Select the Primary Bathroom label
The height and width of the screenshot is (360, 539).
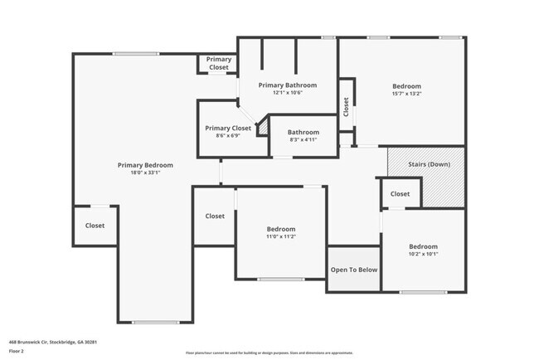[x=287, y=85]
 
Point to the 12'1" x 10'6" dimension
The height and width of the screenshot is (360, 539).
[x=287, y=93]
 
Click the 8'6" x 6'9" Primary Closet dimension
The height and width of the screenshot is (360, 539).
[x=228, y=136]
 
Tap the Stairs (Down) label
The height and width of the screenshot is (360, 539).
[x=429, y=164]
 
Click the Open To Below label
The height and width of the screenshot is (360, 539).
[x=354, y=270]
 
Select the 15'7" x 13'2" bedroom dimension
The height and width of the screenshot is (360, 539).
[x=406, y=94]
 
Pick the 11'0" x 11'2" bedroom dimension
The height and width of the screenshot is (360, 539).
[x=280, y=236]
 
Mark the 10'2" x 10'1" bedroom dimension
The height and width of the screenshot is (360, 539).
[x=422, y=254]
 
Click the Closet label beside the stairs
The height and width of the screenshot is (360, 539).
[x=400, y=194]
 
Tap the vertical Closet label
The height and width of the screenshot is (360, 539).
[x=346, y=106]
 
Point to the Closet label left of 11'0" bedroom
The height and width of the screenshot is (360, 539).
[x=215, y=216]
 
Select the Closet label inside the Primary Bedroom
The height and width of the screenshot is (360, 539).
[x=95, y=226]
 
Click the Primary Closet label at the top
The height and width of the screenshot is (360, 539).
[x=219, y=63]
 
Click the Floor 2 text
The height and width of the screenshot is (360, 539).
[x=17, y=351]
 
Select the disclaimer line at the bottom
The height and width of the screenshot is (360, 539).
[x=269, y=352]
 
